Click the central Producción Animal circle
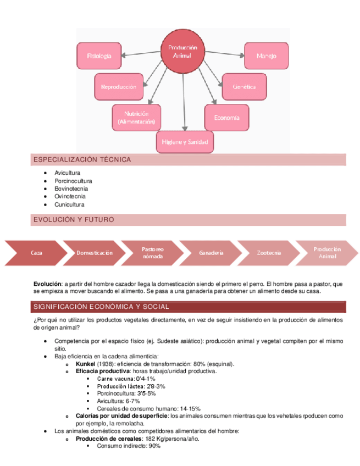pos(182,52)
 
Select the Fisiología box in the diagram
pos(99,56)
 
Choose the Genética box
pos(243,87)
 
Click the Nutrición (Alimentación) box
pos(136,118)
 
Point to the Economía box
pos(226,118)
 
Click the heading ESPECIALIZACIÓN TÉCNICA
pos(82,160)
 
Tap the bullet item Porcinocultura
pos(73,181)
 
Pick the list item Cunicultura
pos(69,204)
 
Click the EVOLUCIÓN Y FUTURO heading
pos(74,220)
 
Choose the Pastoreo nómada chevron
pos(152,253)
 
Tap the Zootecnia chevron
pos(269,253)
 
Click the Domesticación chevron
pos(95,253)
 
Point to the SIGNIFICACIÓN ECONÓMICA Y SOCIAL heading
pos(101,307)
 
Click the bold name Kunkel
pos(85,364)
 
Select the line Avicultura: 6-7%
pos(118,401)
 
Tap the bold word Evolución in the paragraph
pos(47,284)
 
